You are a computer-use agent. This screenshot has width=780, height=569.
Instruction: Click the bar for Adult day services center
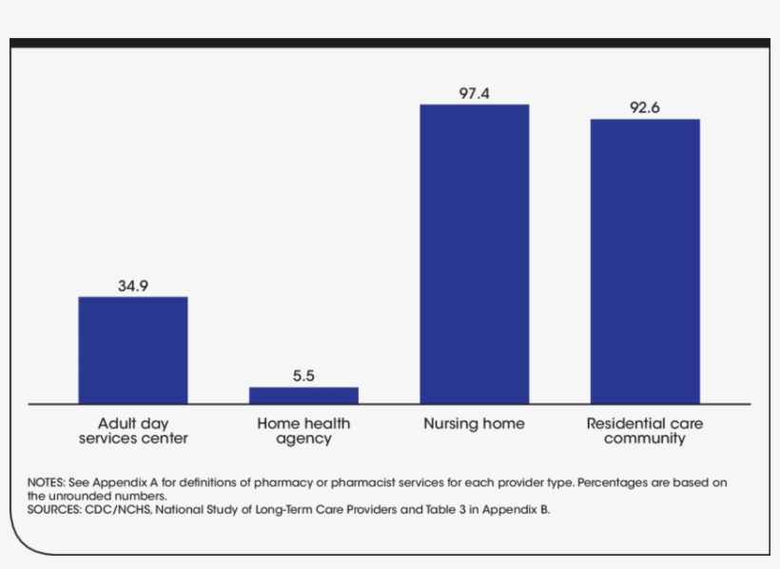click(132, 350)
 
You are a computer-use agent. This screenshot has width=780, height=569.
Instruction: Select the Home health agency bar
click(303, 395)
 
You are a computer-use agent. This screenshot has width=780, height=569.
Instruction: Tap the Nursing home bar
click(474, 254)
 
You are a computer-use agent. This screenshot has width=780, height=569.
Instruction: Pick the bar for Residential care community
click(645, 262)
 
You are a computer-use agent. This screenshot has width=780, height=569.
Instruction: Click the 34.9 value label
click(132, 284)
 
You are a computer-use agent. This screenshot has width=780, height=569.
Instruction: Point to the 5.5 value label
click(303, 376)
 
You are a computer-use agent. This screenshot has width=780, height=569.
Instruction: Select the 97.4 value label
click(474, 92)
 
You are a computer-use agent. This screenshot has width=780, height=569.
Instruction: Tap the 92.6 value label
click(645, 108)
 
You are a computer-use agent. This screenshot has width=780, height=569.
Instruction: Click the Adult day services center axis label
click(132, 431)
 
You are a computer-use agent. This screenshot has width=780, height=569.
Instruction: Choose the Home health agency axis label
click(303, 431)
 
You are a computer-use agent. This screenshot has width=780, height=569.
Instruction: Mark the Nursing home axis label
click(474, 423)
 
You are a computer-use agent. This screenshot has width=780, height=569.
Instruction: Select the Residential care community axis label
click(645, 431)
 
